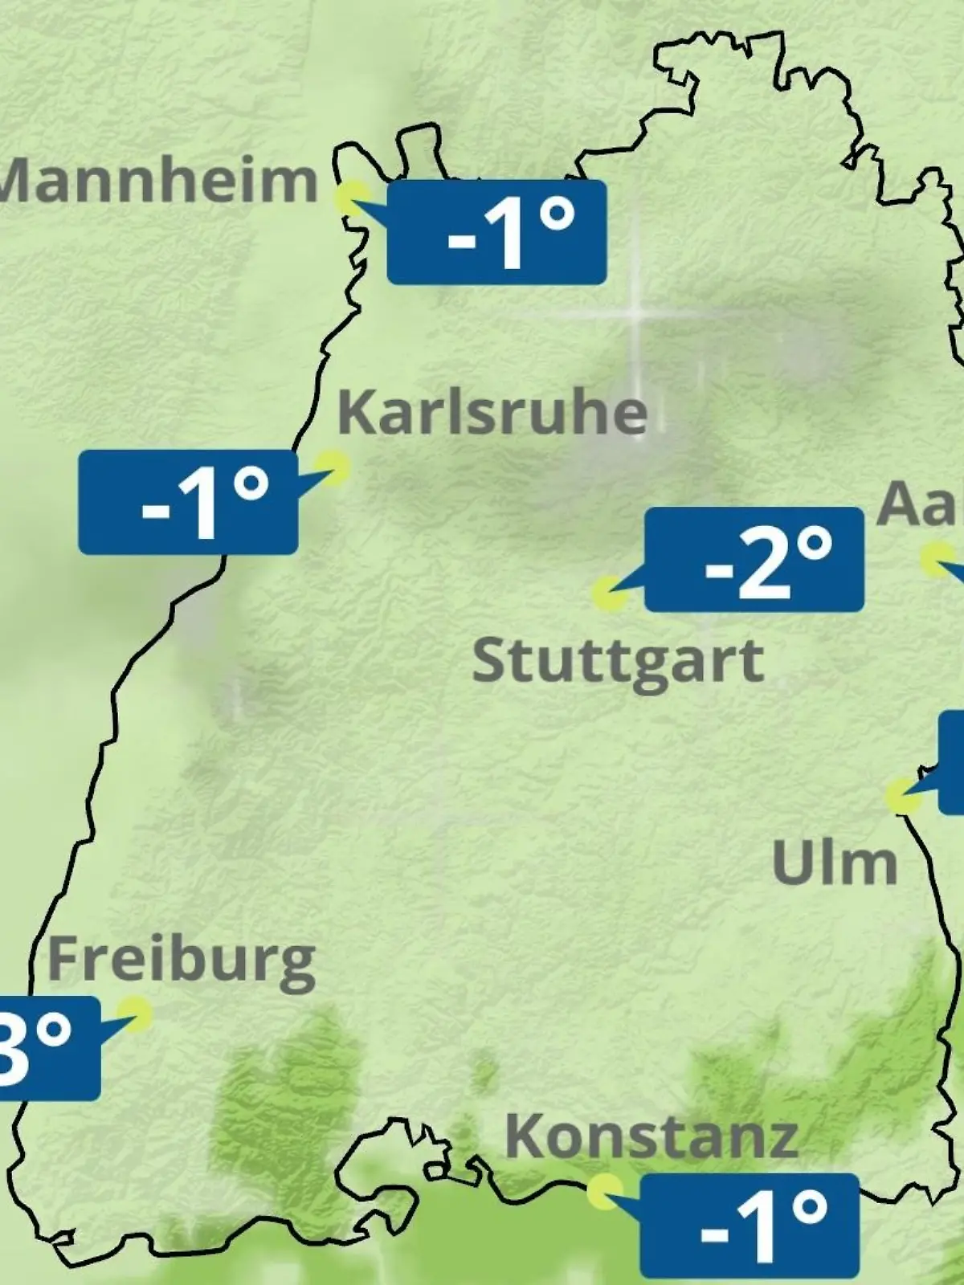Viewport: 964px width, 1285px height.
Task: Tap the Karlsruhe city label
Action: pyautogui.click(x=492, y=413)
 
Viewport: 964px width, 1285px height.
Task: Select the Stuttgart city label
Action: pyautogui.click(x=617, y=662)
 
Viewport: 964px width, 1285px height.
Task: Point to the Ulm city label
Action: pyautogui.click(x=834, y=863)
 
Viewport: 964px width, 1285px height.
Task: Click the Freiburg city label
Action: pyautogui.click(x=182, y=961)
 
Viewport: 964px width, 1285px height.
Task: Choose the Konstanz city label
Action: pyautogui.click(x=652, y=1137)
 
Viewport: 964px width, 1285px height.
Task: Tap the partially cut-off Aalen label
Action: pyautogui.click(x=921, y=504)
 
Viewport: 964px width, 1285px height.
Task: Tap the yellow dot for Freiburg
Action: pyautogui.click(x=134, y=1014)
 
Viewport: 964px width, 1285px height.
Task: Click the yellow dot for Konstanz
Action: pyautogui.click(x=604, y=1191)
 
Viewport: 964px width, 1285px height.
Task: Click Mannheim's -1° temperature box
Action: pyautogui.click(x=496, y=233)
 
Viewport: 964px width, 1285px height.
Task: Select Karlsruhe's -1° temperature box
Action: pyautogui.click(x=188, y=502)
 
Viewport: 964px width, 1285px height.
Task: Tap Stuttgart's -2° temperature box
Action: pyautogui.click(x=754, y=560)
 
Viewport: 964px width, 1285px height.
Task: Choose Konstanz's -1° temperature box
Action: pyautogui.click(x=750, y=1226)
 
